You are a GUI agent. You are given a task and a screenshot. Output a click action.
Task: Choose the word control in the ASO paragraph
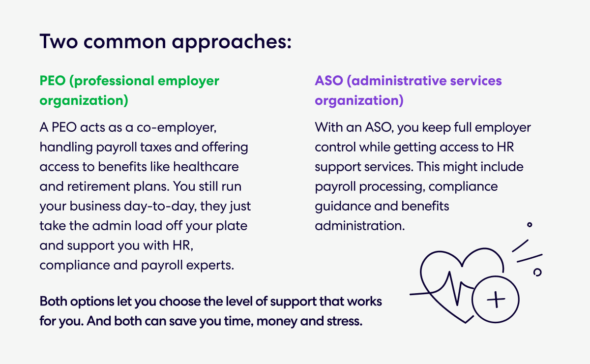click(x=338, y=148)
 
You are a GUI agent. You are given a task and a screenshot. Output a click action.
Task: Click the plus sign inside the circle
click(x=495, y=299)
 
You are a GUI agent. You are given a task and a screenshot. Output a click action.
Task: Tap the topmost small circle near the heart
click(x=530, y=225)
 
